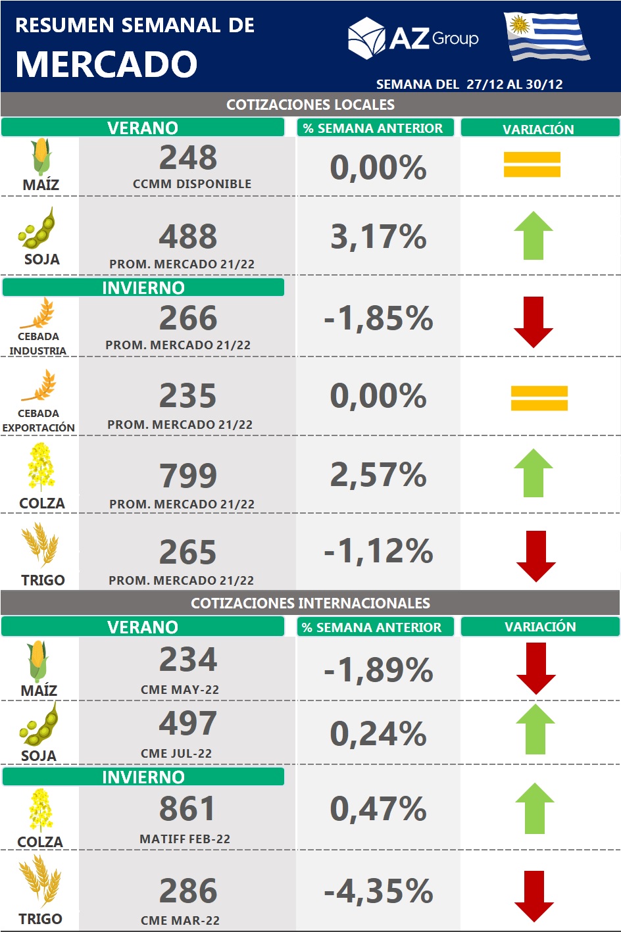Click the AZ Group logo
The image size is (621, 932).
tap(413, 38)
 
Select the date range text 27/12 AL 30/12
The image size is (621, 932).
tap(514, 84)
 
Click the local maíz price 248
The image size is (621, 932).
tap(188, 158)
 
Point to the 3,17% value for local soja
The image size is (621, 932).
tap(378, 237)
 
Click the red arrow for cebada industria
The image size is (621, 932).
tap(534, 322)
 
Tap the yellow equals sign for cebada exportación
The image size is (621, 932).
tap(539, 398)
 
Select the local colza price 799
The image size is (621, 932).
tap(188, 476)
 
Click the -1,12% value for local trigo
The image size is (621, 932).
tap(378, 551)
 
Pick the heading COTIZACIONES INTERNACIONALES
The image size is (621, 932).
tap(310, 603)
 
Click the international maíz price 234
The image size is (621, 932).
tap(188, 660)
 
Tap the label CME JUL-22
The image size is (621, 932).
tap(176, 754)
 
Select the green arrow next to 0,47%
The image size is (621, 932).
tap(535, 808)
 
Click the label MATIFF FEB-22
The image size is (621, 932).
tap(185, 839)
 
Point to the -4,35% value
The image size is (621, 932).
tap(378, 892)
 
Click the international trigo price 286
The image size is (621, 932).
tap(188, 891)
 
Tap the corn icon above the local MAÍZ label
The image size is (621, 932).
tap(41, 157)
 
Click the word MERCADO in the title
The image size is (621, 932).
tap(107, 64)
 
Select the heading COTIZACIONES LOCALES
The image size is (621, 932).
tap(310, 105)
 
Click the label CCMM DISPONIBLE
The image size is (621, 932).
tap(192, 184)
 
